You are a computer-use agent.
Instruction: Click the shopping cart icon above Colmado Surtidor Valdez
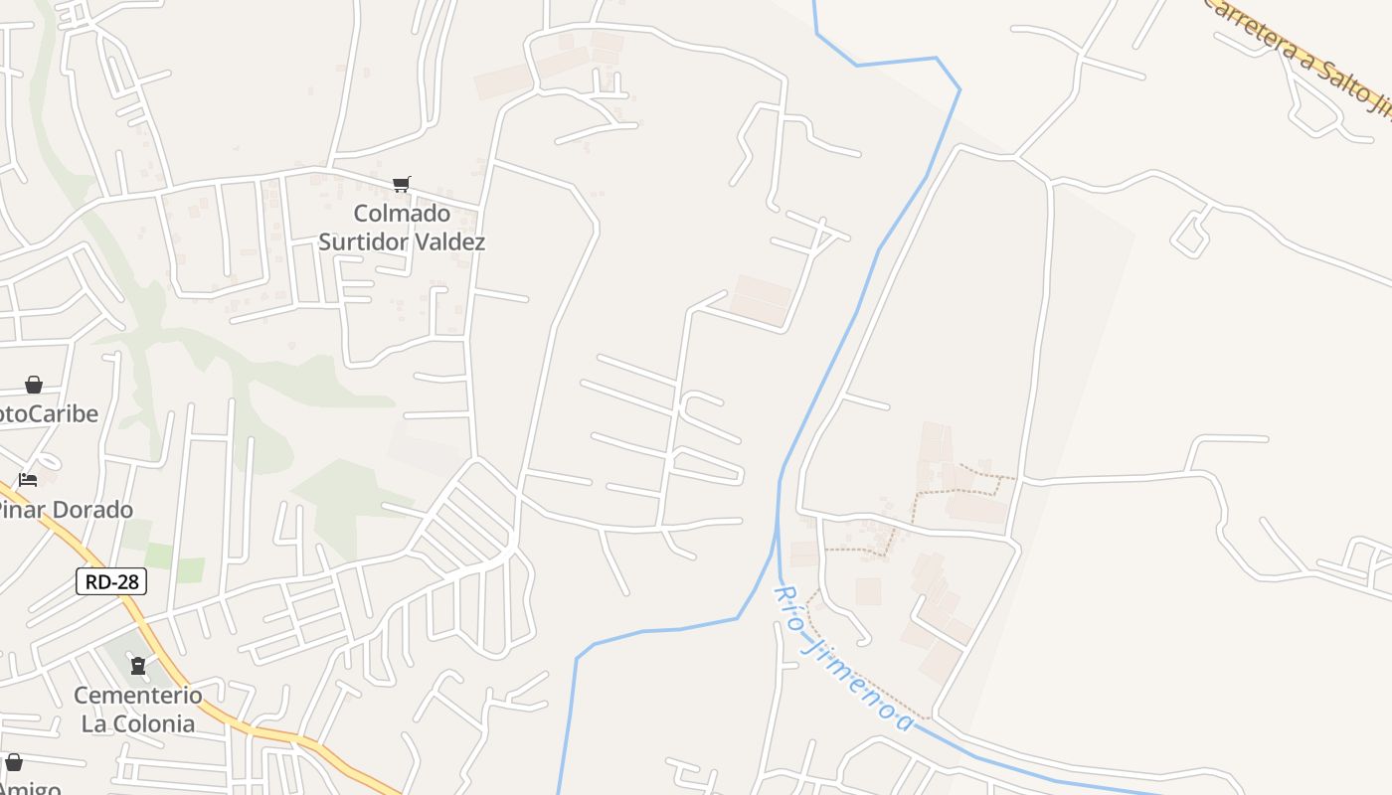[x=402, y=184]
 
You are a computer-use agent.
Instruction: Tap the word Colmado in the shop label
[x=402, y=214]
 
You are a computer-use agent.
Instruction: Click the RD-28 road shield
[x=111, y=581]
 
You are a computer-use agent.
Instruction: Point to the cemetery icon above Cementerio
[x=138, y=665]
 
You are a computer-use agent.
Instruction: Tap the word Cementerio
[x=137, y=695]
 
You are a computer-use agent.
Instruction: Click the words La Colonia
[x=137, y=722]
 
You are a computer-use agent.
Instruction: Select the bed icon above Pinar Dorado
[x=28, y=480]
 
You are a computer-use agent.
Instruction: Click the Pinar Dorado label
[x=64, y=510]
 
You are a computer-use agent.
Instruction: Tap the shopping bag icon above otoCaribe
[x=34, y=385]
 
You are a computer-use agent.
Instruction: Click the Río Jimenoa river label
[x=842, y=658]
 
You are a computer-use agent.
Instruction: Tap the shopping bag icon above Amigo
[x=14, y=762]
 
